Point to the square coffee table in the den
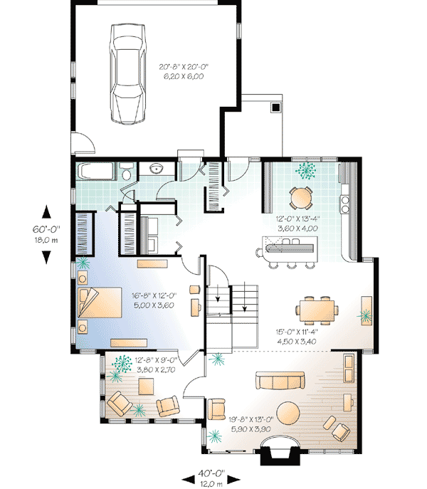point(147,387)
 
